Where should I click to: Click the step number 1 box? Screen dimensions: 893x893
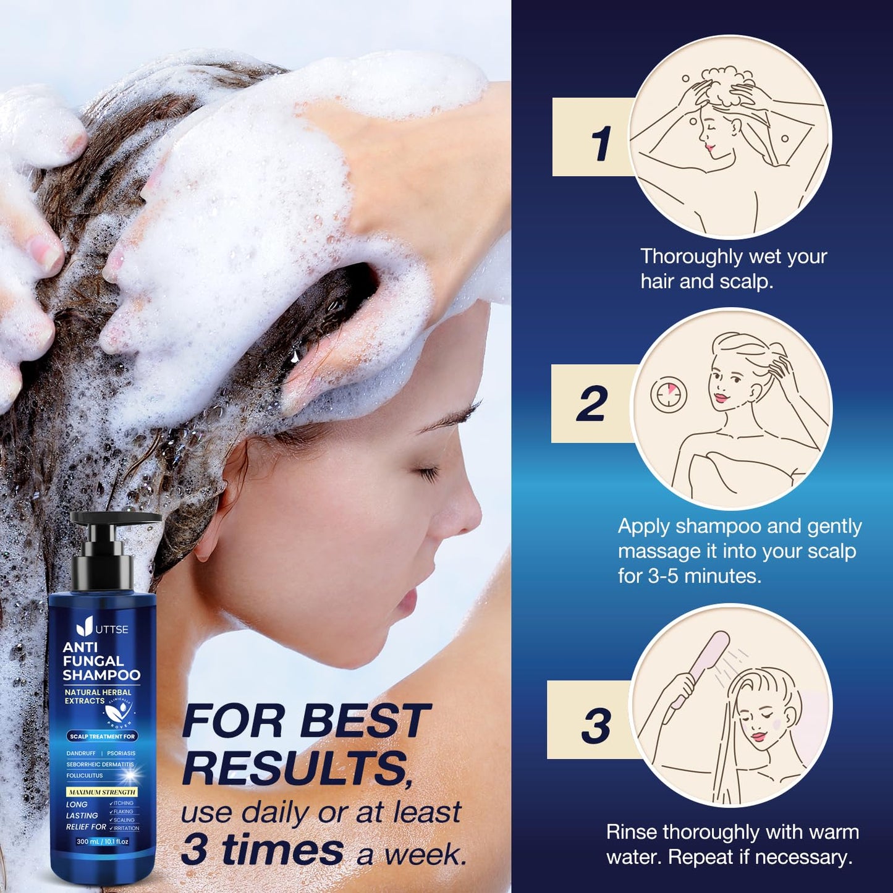click(592, 137)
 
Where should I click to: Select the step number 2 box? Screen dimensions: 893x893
click(591, 404)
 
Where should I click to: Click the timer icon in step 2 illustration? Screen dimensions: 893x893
click(668, 394)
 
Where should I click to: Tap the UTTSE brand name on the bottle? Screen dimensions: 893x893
click(112, 629)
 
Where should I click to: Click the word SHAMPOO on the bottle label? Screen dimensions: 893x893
click(102, 675)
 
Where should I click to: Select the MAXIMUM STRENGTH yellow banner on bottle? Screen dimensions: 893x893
click(101, 792)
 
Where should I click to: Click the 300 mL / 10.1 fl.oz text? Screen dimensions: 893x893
click(103, 842)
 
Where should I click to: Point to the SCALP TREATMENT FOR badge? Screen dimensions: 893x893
click(102, 736)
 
